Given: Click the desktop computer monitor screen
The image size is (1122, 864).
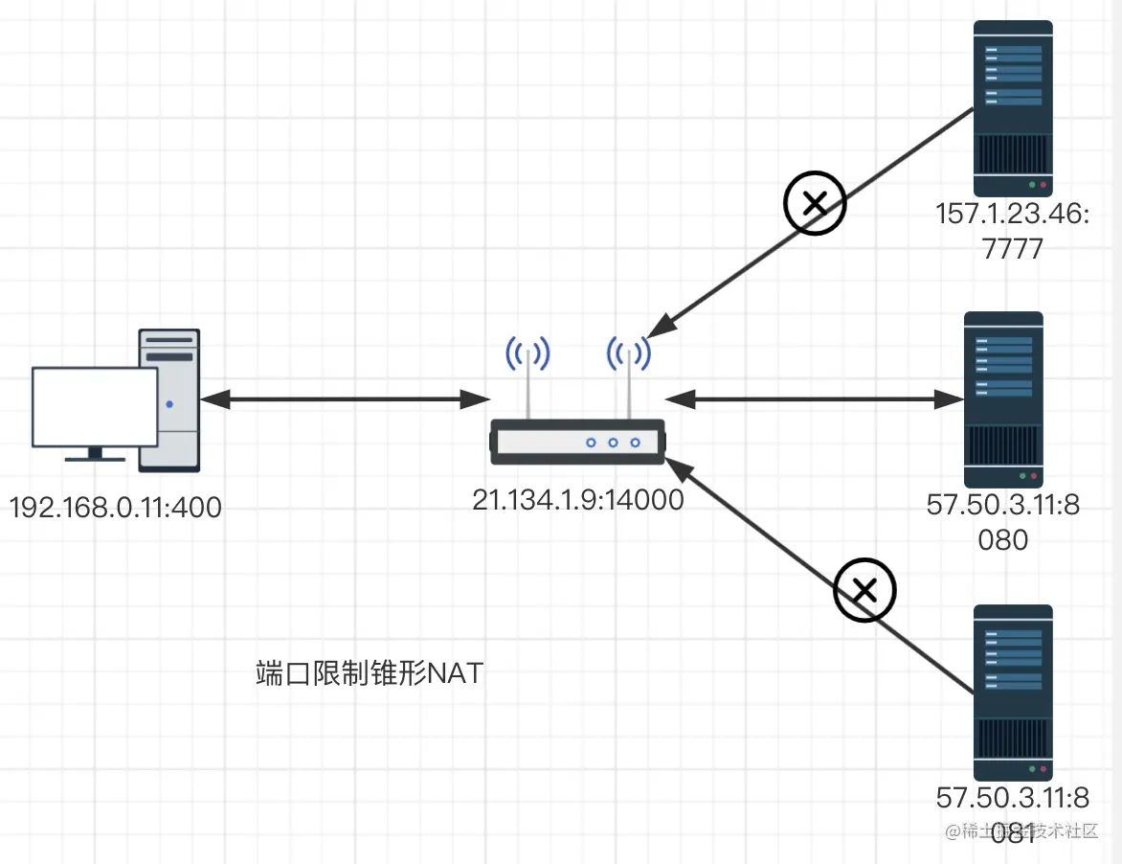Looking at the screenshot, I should (95, 406).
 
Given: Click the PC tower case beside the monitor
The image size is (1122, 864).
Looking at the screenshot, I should (170, 399).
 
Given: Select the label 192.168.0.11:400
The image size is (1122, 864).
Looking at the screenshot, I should (116, 506).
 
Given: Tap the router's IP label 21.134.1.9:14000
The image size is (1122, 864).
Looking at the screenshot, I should (577, 499).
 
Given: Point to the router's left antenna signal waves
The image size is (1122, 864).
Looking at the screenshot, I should (527, 355).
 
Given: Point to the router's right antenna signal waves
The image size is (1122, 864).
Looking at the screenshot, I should (629, 354).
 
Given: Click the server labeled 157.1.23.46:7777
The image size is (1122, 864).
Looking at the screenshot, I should (1013, 109).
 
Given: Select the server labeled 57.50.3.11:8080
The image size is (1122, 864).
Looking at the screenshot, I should (1002, 398).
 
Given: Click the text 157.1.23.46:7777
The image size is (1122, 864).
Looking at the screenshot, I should (1011, 231).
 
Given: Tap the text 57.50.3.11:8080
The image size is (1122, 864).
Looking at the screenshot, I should (1002, 521).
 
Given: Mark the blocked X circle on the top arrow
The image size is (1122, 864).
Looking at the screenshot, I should (816, 203).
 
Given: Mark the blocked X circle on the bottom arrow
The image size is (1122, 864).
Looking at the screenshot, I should (864, 591).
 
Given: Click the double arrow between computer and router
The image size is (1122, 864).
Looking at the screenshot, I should (345, 398).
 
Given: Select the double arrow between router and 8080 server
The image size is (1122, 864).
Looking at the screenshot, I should (814, 398).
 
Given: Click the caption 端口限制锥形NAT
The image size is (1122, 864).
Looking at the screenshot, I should (370, 673).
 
